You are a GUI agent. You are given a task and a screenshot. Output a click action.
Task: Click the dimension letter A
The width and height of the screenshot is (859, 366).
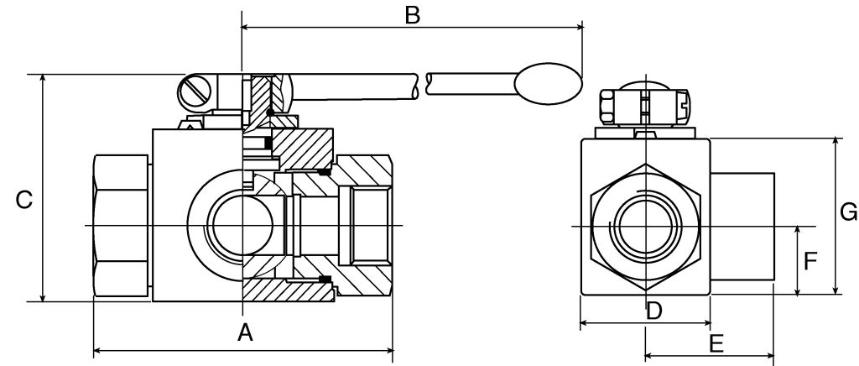point(244,332)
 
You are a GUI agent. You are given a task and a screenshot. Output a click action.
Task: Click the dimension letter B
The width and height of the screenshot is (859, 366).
point(412,14)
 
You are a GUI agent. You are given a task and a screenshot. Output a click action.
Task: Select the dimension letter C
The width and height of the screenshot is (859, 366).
point(24,200)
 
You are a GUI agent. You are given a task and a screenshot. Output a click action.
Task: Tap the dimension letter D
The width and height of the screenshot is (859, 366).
point(654,311)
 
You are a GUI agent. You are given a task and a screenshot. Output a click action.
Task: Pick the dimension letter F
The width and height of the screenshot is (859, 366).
point(810,262)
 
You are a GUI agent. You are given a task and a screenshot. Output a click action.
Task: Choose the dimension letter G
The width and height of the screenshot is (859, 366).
point(848,212)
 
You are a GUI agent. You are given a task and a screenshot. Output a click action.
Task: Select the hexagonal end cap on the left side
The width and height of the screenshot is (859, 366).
point(122,227)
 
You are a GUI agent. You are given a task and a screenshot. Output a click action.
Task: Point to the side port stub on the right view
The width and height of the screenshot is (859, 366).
point(742,227)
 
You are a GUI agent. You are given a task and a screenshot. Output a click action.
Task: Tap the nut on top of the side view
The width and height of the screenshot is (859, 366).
point(644,107)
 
